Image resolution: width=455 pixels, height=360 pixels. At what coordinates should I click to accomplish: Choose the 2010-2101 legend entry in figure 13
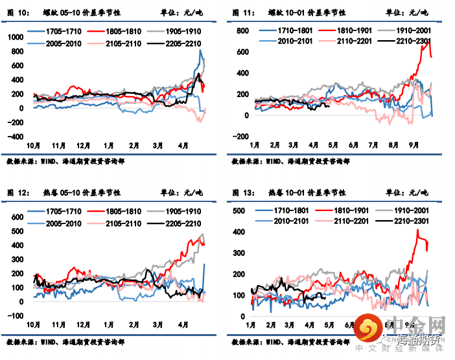tap(289, 221)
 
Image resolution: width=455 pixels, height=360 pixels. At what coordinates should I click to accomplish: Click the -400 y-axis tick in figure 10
tap(13, 137)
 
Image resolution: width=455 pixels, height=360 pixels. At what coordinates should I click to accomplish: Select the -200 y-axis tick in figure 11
tap(239, 137)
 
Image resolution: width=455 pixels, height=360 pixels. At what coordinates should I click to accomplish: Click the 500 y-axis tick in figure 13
tap(237, 211)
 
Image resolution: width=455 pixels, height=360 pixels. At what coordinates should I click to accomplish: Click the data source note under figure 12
tap(65, 341)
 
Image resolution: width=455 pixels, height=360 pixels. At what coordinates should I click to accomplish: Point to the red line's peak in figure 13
tap(416, 230)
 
